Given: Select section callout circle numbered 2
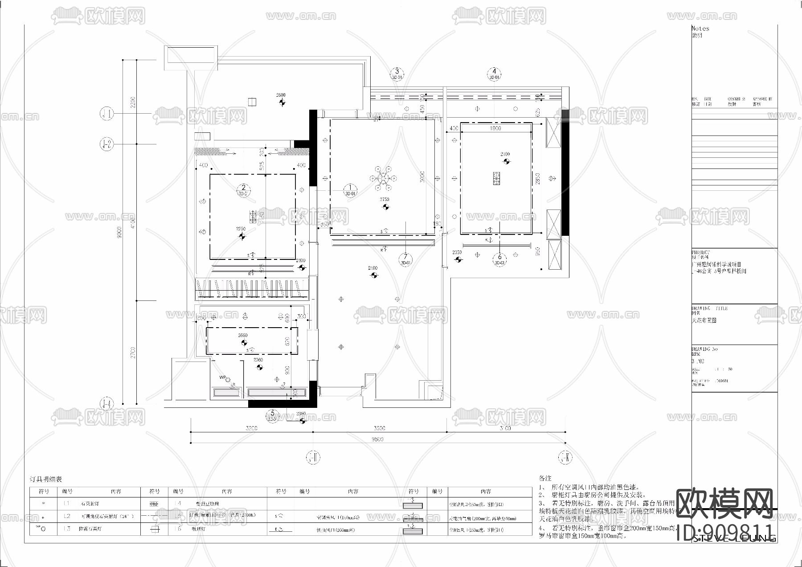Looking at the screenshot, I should pyautogui.click(x=243, y=190).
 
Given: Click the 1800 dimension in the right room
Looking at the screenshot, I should pyautogui.click(x=495, y=128).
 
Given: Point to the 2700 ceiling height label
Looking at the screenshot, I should pyautogui.click(x=505, y=154).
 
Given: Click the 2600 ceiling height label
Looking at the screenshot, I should pyautogui.click(x=281, y=95).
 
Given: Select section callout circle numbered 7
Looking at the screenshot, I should pyautogui.click(x=405, y=259).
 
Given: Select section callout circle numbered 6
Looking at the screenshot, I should pyautogui.click(x=499, y=259).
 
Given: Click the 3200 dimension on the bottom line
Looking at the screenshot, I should pyautogui.click(x=251, y=428).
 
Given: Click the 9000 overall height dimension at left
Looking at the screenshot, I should pyautogui.click(x=119, y=232).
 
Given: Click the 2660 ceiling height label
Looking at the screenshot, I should pyautogui.click(x=243, y=335).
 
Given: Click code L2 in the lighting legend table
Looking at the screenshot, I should pyautogui.click(x=67, y=516).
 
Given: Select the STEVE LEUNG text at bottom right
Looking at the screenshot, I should pyautogui.click(x=734, y=538).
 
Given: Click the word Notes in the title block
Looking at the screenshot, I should pyautogui.click(x=700, y=28).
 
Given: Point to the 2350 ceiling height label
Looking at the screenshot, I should pyautogui.click(x=457, y=252).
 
